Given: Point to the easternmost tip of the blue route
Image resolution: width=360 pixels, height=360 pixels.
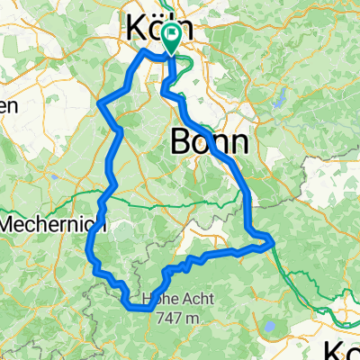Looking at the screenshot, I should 272,238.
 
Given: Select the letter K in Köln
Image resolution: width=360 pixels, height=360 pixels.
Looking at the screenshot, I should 126,30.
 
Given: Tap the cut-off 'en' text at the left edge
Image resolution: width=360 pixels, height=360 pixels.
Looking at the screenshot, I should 7,105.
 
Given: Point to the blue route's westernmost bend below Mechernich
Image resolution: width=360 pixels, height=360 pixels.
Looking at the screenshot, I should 89,241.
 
